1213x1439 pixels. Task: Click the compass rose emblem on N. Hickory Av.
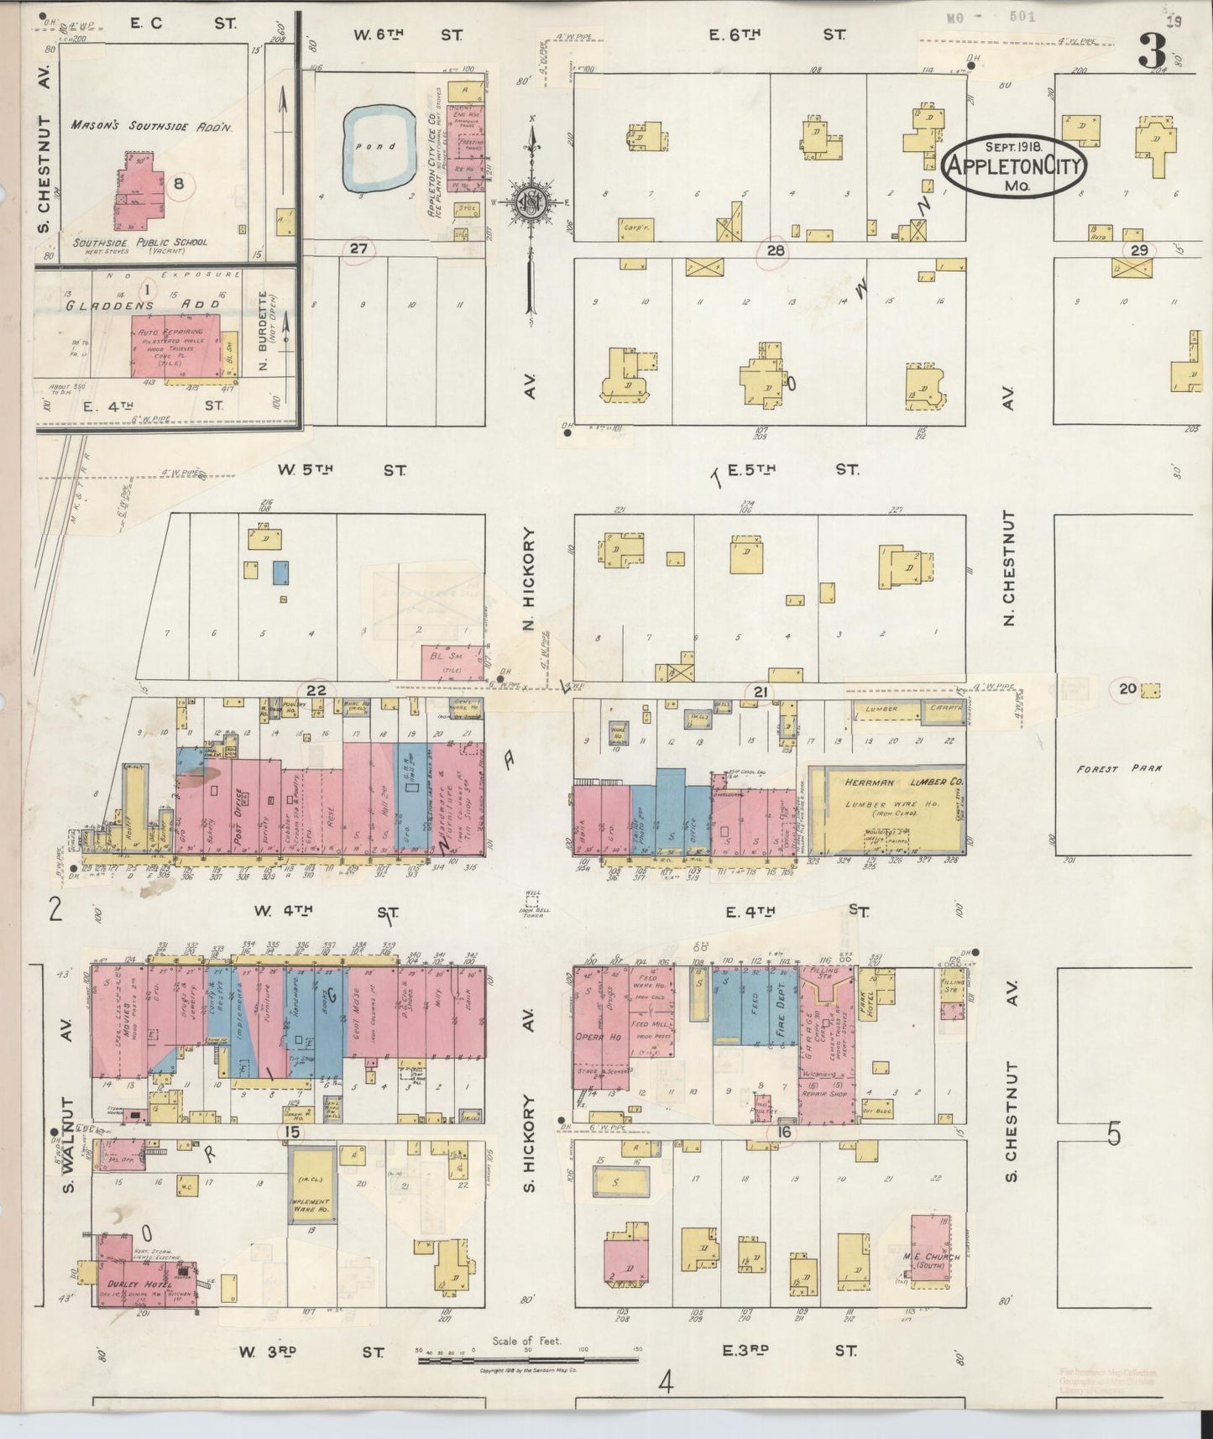(x=531, y=201)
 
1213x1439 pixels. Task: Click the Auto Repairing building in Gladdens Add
(x=175, y=346)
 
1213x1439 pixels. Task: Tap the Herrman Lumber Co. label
(x=892, y=782)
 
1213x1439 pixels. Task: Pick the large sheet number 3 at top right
(x=1153, y=52)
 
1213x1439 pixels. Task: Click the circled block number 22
(x=316, y=691)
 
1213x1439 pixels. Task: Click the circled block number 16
(x=784, y=1133)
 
